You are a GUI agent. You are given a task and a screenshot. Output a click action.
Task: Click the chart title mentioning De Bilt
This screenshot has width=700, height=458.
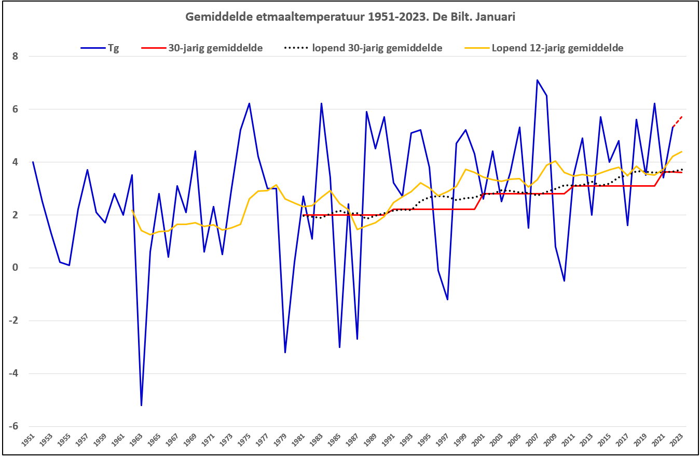click(350, 17)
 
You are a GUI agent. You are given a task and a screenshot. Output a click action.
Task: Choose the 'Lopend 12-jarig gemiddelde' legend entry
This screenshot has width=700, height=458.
click(557, 48)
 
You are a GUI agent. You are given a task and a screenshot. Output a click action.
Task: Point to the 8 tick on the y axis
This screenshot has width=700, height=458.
click(15, 56)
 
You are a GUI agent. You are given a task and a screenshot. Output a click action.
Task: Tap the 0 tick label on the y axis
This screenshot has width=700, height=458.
click(15, 268)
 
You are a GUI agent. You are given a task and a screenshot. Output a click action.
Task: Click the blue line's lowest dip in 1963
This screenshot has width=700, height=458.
click(141, 405)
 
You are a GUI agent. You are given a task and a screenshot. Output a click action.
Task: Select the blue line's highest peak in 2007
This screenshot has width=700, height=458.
click(537, 80)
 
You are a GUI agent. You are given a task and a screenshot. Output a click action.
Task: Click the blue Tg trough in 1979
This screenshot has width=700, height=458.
click(285, 352)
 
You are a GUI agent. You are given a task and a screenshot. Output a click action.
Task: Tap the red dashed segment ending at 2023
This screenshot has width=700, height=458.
click(677, 121)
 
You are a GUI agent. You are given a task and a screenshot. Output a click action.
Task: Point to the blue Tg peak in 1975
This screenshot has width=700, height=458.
click(249, 104)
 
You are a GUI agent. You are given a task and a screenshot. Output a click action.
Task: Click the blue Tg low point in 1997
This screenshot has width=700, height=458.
click(447, 299)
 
